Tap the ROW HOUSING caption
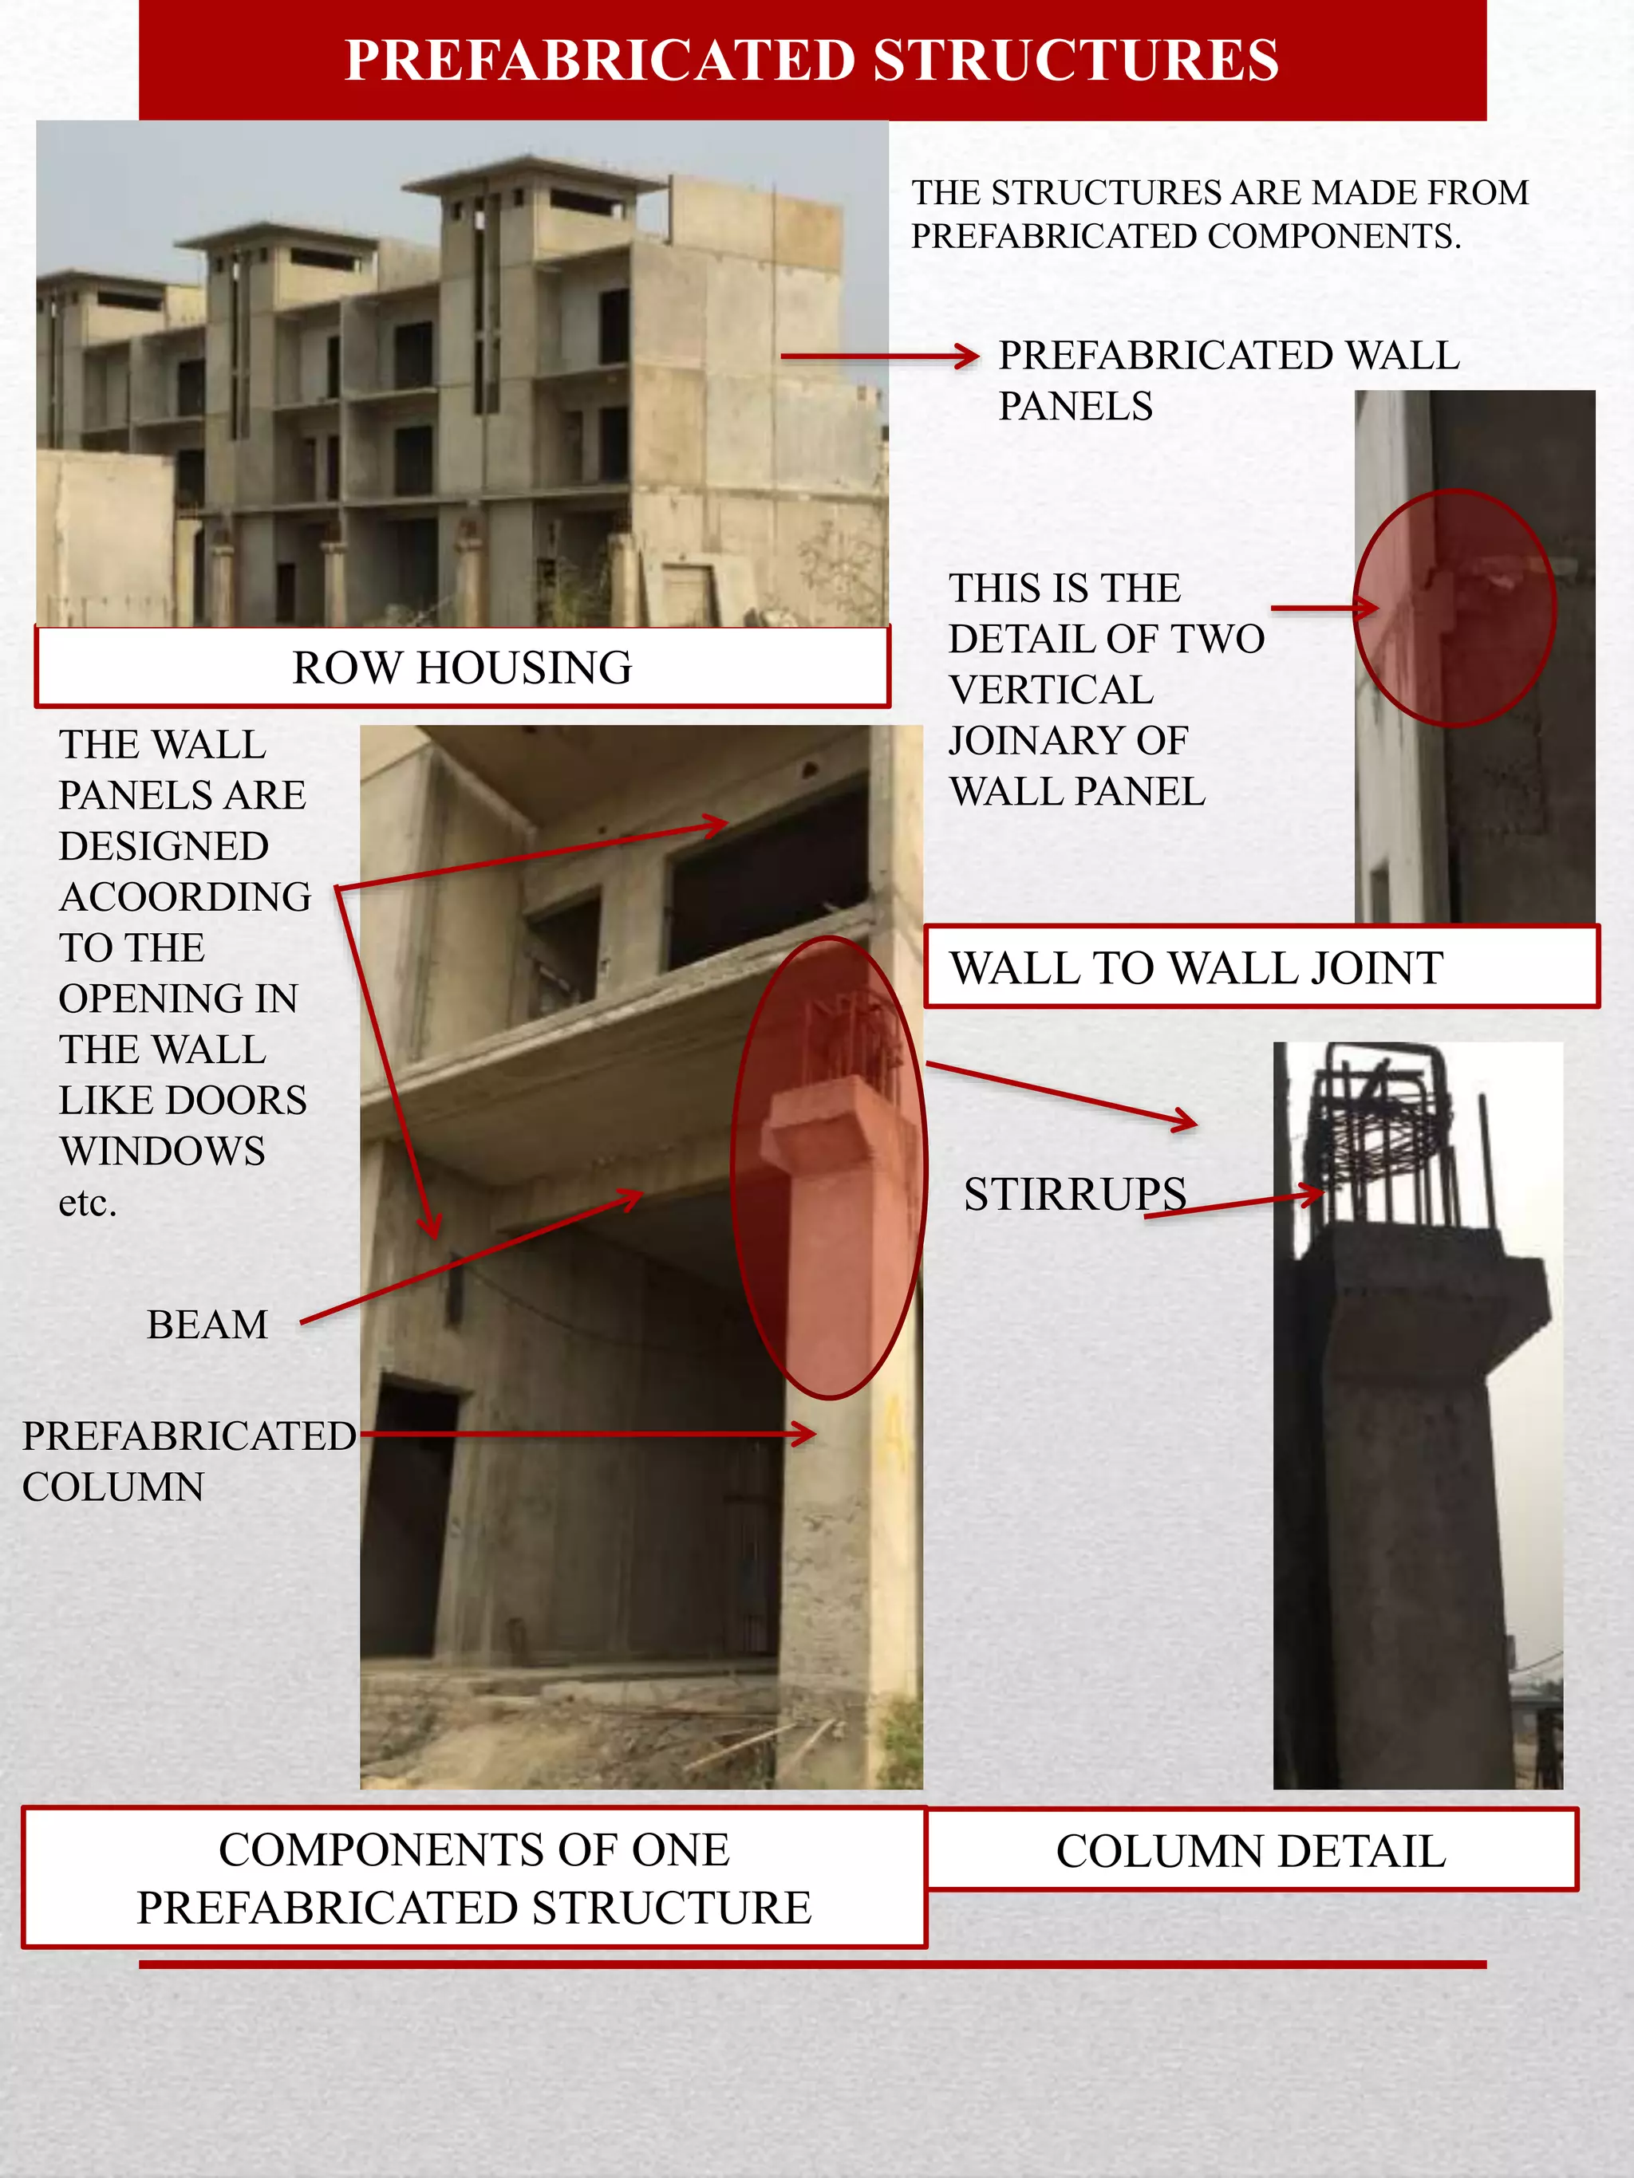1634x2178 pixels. point(462,668)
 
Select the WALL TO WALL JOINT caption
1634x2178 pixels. point(1196,968)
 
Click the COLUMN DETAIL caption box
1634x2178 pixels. point(1251,1851)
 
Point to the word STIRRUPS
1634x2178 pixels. point(1075,1195)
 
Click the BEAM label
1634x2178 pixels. point(207,1325)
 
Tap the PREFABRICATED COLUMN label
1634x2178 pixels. point(187,1461)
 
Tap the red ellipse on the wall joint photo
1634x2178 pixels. point(1454,609)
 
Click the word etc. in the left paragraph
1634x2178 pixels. point(88,1202)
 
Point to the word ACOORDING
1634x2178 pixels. point(185,897)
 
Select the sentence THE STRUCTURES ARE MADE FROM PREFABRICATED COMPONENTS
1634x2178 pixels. point(1219,214)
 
